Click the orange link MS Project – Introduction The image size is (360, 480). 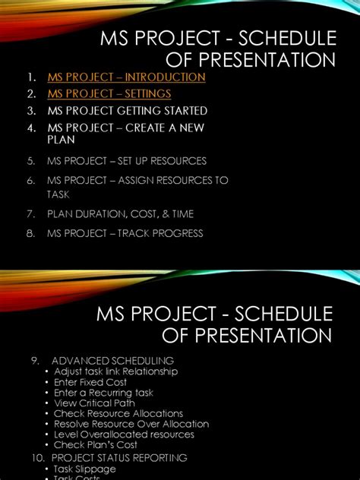pyautogui.click(x=126, y=77)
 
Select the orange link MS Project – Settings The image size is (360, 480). pyautogui.click(x=109, y=94)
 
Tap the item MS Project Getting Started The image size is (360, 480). pyautogui.click(x=127, y=111)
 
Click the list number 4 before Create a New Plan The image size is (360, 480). pyautogui.click(x=31, y=127)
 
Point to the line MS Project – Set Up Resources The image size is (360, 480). pyautogui.click(x=126, y=161)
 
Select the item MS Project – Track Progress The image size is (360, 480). pyautogui.click(x=125, y=233)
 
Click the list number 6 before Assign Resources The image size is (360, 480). pyautogui.click(x=31, y=180)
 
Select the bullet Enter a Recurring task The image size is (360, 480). pyautogui.click(x=103, y=393)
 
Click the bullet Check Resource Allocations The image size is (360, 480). pyautogui.click(x=118, y=414)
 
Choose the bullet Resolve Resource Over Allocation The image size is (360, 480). pyautogui.click(x=131, y=424)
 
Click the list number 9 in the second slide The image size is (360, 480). pyautogui.click(x=36, y=360)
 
